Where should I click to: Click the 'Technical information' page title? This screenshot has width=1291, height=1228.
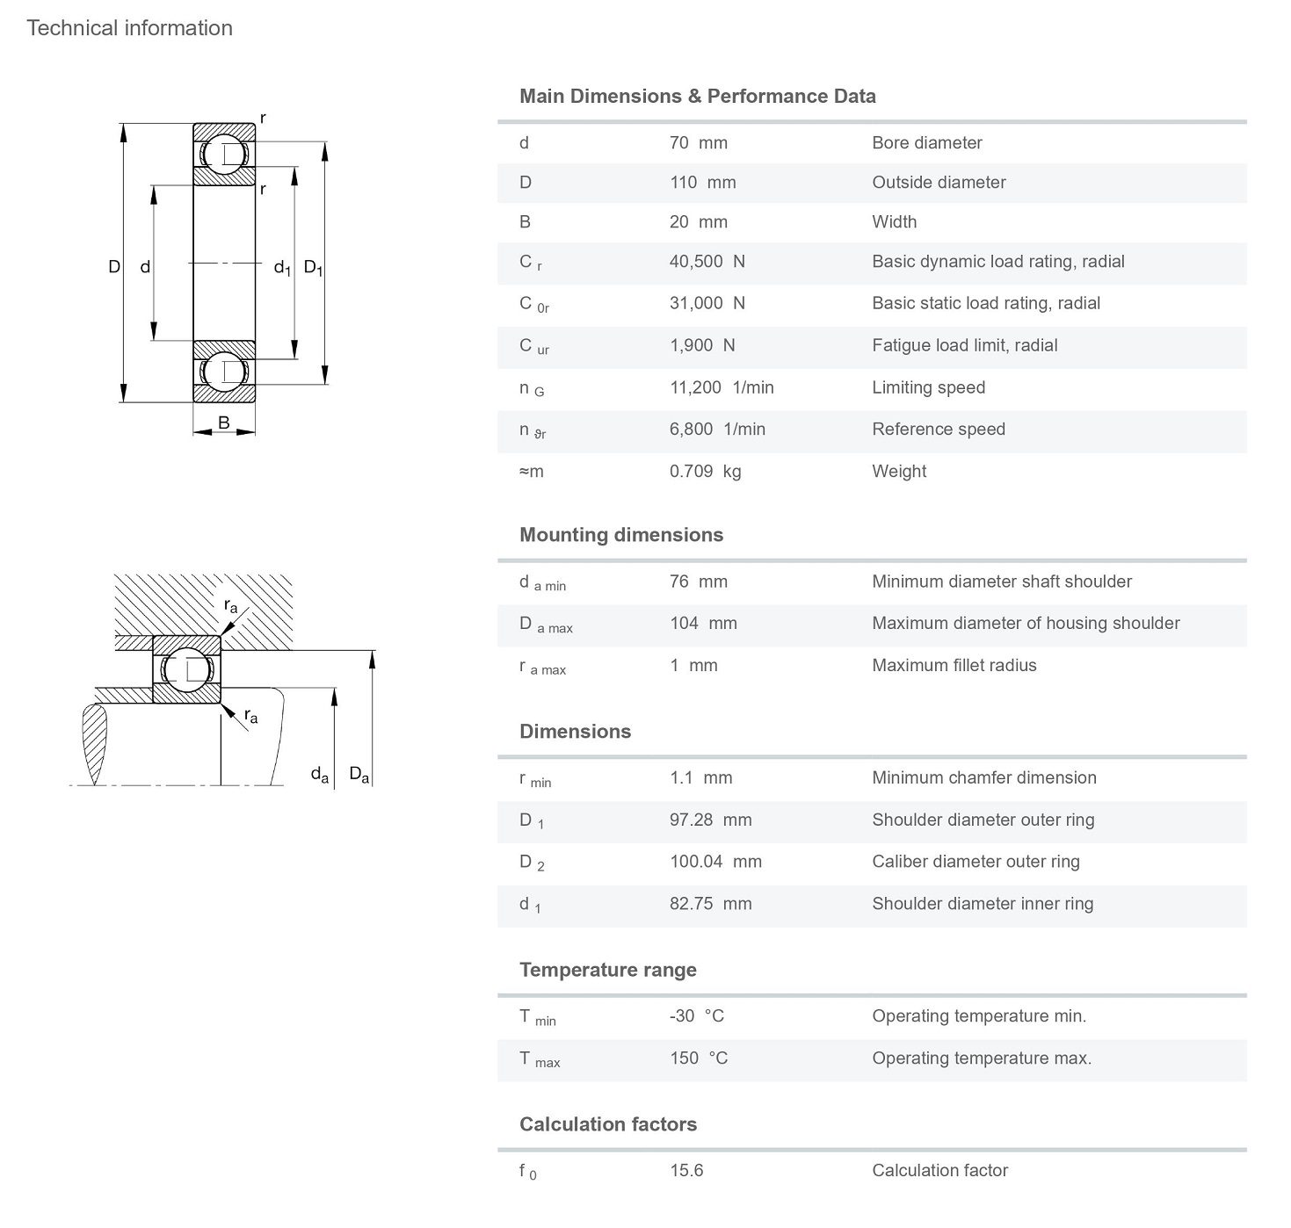(129, 28)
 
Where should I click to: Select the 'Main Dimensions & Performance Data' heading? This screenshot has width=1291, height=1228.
(697, 97)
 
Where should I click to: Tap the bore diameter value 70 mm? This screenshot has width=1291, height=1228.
(698, 143)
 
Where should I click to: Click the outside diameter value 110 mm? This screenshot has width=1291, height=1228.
(702, 183)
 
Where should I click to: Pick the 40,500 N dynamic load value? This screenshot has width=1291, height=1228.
(707, 262)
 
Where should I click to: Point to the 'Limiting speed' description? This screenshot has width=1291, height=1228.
(928, 387)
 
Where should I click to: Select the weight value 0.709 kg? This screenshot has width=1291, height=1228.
(705, 472)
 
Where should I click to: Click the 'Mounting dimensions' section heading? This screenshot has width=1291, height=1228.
(621, 535)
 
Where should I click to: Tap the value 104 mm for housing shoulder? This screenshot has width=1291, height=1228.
(703, 624)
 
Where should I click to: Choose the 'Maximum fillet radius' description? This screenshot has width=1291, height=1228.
(954, 666)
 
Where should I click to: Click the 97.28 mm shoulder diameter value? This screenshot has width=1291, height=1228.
(710, 820)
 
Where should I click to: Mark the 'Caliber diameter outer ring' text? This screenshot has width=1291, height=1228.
(976, 862)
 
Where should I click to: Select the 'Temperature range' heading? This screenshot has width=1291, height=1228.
(607, 970)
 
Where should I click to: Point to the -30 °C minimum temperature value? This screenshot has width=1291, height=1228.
(696, 1016)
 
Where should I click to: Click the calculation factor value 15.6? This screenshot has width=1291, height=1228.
(686, 1171)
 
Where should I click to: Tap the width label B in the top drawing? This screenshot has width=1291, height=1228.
(224, 423)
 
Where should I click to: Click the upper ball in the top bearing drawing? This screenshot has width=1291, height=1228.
(225, 155)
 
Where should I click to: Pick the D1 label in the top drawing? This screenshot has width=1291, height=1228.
(313, 267)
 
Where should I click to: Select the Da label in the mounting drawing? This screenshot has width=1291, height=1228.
(359, 774)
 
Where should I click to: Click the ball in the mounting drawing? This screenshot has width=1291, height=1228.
(187, 669)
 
